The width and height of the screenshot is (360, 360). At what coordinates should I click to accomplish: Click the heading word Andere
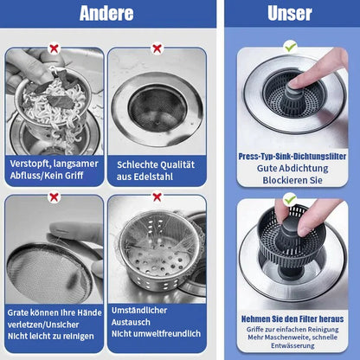click(106, 14)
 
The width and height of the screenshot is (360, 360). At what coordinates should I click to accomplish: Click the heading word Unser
click(290, 14)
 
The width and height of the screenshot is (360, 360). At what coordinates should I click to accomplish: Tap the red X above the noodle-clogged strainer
click(54, 49)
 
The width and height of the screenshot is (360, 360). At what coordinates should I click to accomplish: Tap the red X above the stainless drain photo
click(157, 49)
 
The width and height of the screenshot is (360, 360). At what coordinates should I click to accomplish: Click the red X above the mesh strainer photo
click(54, 196)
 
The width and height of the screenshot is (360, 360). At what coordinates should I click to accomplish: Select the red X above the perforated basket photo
click(157, 196)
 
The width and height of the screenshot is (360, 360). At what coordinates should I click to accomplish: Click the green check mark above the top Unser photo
click(290, 46)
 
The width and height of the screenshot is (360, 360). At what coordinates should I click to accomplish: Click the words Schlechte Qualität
click(156, 164)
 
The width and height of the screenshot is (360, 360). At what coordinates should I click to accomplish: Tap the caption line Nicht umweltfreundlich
click(156, 334)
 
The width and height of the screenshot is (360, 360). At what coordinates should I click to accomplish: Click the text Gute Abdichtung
click(291, 169)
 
